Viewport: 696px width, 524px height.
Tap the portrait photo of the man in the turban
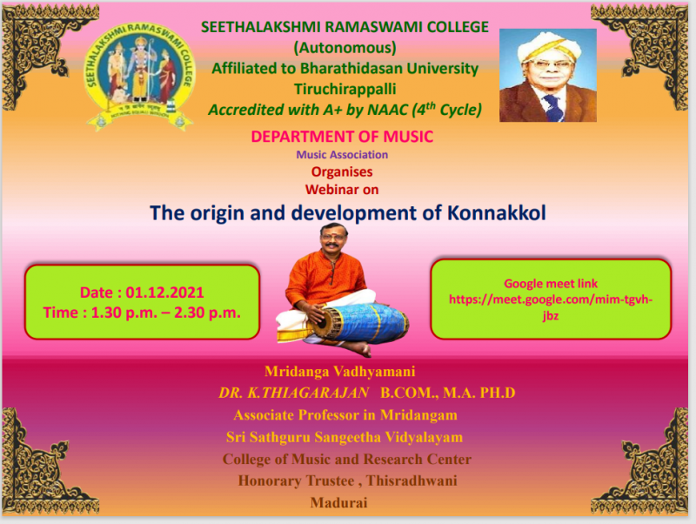[x=548, y=75]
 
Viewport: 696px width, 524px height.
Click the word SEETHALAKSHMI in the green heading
[x=260, y=27]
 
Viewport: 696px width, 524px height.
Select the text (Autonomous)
[x=345, y=48]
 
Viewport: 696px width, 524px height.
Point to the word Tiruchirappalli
[x=345, y=90]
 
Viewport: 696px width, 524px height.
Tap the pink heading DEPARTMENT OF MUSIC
[x=342, y=137]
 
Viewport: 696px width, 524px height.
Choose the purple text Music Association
[x=342, y=155]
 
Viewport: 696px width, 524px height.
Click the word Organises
[x=342, y=171]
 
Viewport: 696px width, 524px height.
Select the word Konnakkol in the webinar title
[x=496, y=212]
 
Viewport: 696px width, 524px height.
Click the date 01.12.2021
[x=164, y=292]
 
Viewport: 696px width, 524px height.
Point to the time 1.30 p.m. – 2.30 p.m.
[x=165, y=312]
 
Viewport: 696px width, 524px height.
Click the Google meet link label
[x=551, y=283]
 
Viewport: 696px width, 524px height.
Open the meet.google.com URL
[x=551, y=307]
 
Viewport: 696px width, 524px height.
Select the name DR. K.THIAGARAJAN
[x=293, y=393]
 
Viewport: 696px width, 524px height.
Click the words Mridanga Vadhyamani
[x=340, y=372]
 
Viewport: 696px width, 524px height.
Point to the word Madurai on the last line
[x=339, y=503]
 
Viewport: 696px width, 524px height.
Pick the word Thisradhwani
[x=412, y=480]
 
